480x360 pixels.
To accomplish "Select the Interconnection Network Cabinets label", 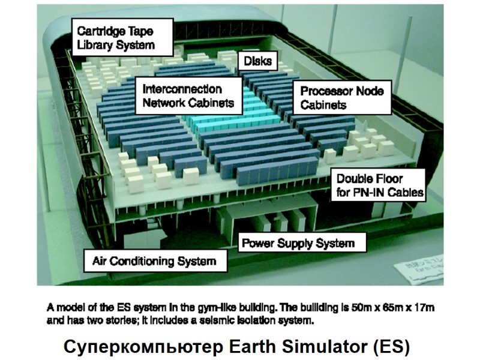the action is [x=188, y=95].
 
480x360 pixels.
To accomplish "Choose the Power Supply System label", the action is [x=297, y=243].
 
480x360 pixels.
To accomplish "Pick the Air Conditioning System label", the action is [x=154, y=262].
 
